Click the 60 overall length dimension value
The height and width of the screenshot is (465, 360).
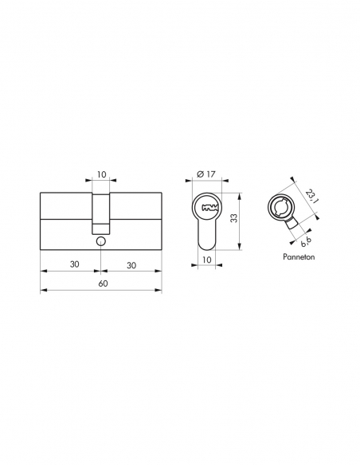[x=100, y=283]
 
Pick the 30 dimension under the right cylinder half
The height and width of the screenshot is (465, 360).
[x=131, y=264]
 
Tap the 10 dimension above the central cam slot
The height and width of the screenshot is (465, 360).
[x=100, y=174]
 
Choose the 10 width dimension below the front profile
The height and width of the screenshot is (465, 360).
[x=205, y=260]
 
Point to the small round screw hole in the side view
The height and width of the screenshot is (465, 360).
[x=100, y=241]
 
